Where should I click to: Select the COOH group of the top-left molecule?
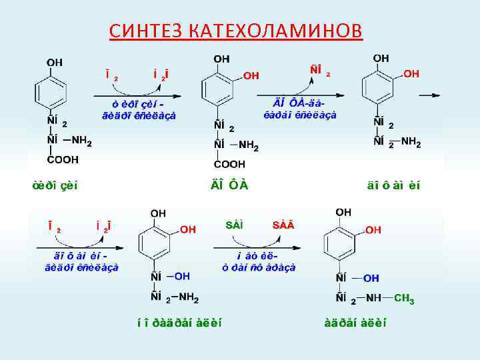(x=62, y=161)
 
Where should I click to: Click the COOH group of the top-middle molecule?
(x=230, y=163)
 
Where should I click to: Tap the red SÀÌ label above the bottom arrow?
(x=234, y=225)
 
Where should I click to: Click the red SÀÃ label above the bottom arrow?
(x=283, y=225)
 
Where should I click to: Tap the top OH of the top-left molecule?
(x=54, y=62)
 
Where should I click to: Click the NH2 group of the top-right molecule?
(x=411, y=142)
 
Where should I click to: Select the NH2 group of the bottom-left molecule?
(x=192, y=297)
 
